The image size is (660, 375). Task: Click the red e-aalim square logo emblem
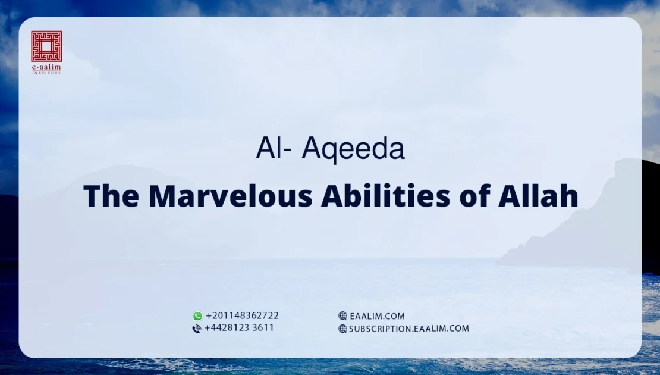46,46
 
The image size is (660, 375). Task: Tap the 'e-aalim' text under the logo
46,68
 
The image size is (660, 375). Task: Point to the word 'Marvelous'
230,196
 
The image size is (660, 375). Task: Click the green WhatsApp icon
197,316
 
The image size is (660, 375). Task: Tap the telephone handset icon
197,329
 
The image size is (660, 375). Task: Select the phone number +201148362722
242,316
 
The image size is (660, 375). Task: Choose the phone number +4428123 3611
239,328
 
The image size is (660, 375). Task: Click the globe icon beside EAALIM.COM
342,316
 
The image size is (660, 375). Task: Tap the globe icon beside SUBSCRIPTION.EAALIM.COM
342,329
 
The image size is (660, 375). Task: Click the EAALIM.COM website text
377,316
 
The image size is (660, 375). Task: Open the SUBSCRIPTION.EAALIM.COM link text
409,329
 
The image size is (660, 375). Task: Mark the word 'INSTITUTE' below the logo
46,73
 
